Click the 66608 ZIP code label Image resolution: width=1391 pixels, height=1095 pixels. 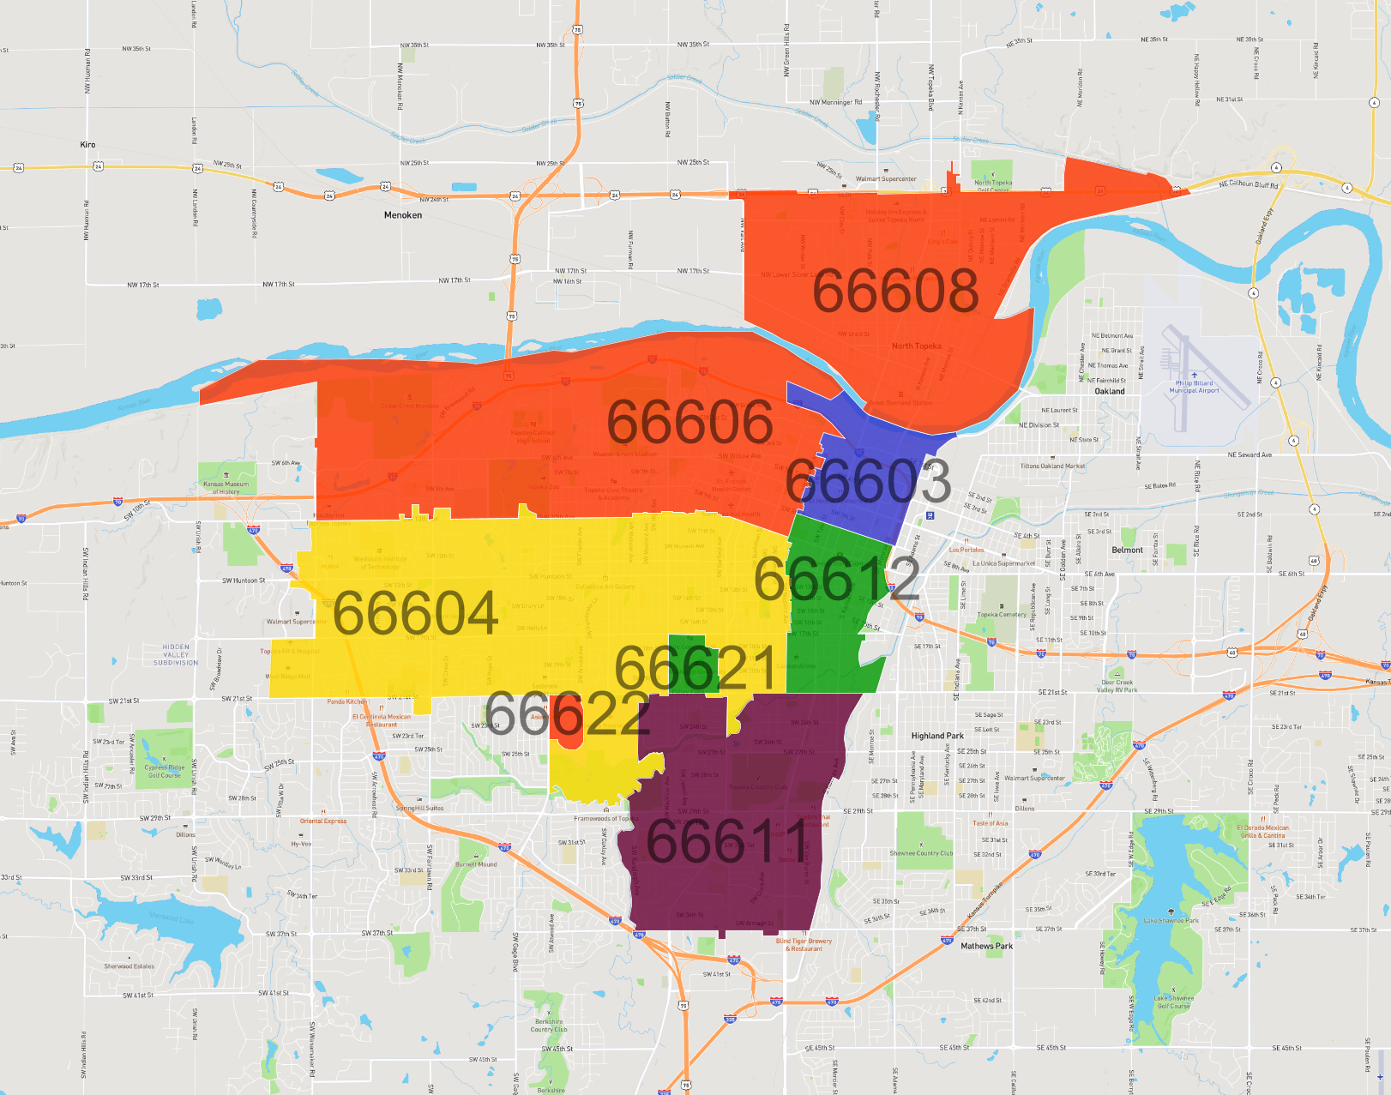895,291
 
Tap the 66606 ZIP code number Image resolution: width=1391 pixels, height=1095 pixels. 689,422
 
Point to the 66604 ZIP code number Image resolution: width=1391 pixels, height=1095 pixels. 415,614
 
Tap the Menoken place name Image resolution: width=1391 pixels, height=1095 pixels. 403,215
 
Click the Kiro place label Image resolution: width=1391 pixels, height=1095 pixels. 87,145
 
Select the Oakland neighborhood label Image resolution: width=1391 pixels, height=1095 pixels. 1110,391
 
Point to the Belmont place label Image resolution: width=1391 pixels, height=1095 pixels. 1127,550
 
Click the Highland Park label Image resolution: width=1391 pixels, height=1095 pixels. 937,736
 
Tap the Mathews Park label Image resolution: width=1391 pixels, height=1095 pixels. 986,947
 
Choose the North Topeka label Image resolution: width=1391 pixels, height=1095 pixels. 916,346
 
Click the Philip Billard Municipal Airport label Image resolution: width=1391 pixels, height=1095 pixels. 1195,387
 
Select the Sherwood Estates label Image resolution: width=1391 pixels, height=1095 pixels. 129,966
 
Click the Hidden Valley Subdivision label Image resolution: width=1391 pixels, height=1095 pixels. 176,655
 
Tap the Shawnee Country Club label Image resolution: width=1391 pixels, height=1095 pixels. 921,853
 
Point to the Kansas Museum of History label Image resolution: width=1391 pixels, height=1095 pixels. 226,488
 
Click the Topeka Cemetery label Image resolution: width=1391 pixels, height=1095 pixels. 1001,614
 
